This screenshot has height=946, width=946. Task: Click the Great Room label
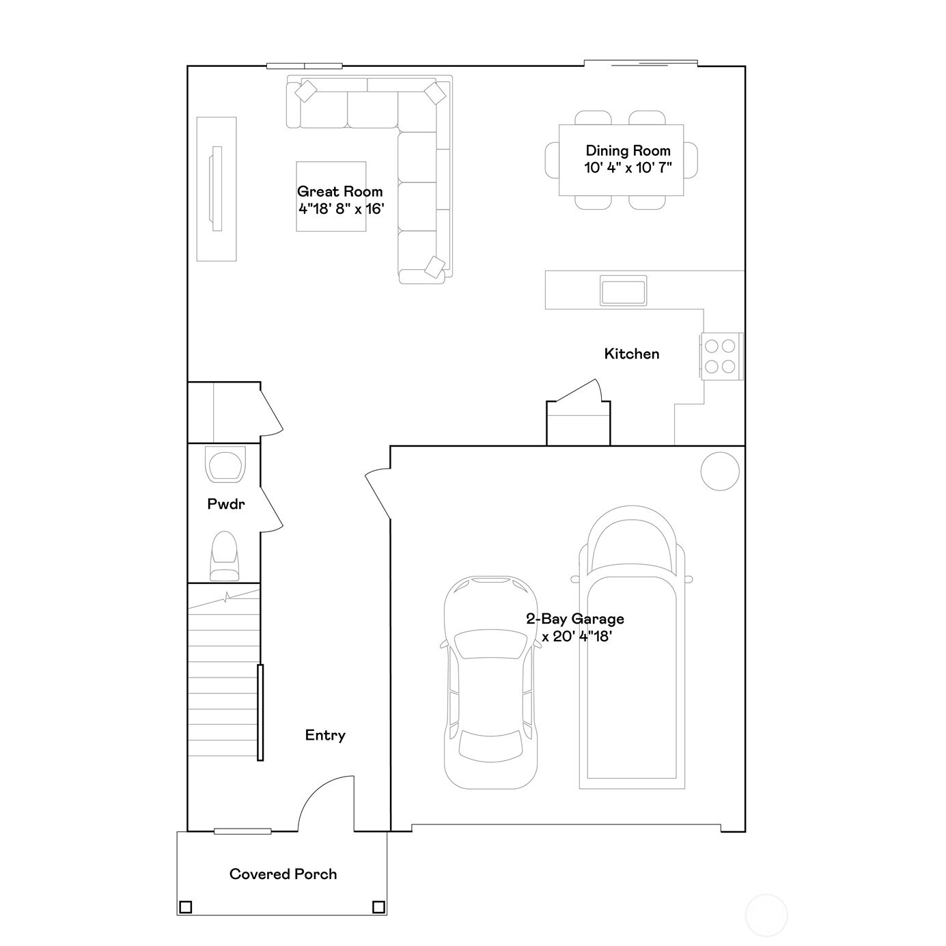pos(339,191)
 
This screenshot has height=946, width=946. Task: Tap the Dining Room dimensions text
pos(628,168)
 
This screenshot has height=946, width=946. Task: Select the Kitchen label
pos(631,354)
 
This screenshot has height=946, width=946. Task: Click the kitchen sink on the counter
pos(623,290)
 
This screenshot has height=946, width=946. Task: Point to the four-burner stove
pos(720,356)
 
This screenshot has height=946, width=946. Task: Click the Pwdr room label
pos(226,504)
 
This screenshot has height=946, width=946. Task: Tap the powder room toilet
pos(224,556)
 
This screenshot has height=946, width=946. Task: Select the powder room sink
pos(225,464)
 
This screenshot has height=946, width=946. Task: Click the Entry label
pos(325,735)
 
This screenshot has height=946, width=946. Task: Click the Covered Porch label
pos(283,874)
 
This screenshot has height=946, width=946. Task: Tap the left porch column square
pos(185,907)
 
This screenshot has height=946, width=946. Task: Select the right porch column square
pos(378,907)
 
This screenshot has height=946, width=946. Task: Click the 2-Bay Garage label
pos(575,619)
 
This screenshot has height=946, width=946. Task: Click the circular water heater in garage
pos(720,471)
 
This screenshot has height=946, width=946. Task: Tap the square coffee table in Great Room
pos(331,196)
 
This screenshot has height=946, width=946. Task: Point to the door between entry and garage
pos(378,494)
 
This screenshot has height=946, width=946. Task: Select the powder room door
pos(271,509)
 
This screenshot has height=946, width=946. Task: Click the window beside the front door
pos(242,831)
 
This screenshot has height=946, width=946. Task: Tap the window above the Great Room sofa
pos(305,66)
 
